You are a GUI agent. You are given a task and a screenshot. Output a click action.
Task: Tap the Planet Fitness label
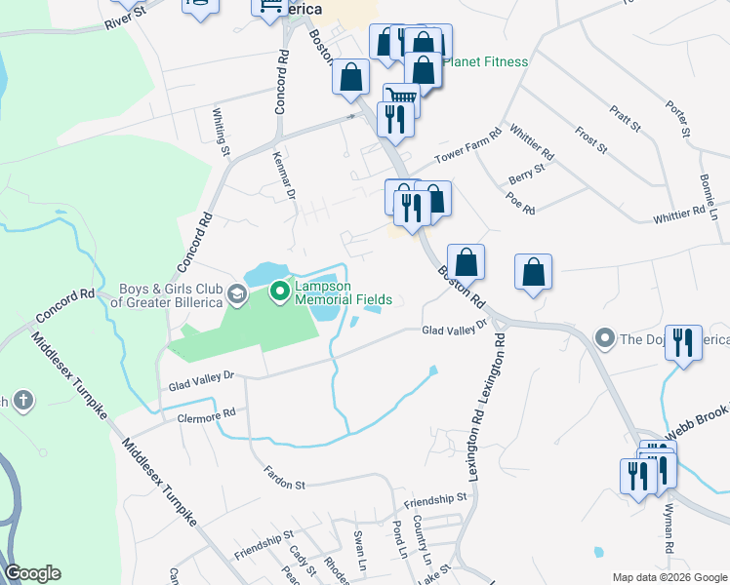[485, 62]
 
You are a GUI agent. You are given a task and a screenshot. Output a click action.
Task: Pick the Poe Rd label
[521, 204]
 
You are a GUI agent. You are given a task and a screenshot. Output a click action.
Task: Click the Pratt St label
[625, 120]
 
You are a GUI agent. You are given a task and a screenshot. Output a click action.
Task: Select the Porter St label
[678, 119]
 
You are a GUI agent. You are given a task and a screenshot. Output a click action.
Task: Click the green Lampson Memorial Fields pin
[279, 291]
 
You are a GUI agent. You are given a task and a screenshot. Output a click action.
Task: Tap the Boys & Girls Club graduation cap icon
[235, 292]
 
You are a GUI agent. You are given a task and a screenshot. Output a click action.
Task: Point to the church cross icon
[22, 400]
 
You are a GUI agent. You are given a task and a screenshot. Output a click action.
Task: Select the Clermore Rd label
[207, 413]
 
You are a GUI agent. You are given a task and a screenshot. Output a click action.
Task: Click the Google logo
[32, 573]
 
